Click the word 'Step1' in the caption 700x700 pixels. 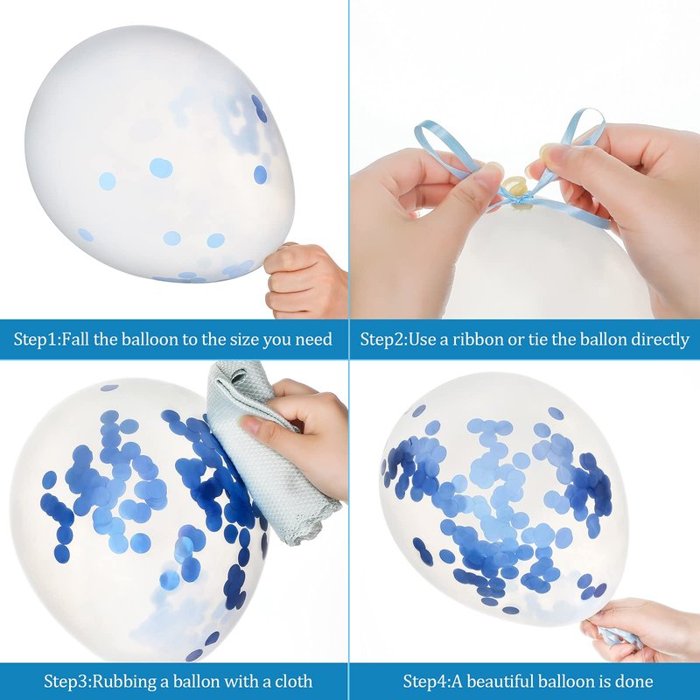coord(35,339)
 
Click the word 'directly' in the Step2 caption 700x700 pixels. coord(660,340)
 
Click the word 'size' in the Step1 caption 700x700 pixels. coord(245,339)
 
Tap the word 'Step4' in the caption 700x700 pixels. coord(426,682)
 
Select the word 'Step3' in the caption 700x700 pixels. coord(67,682)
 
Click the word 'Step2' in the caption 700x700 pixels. coord(382,340)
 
